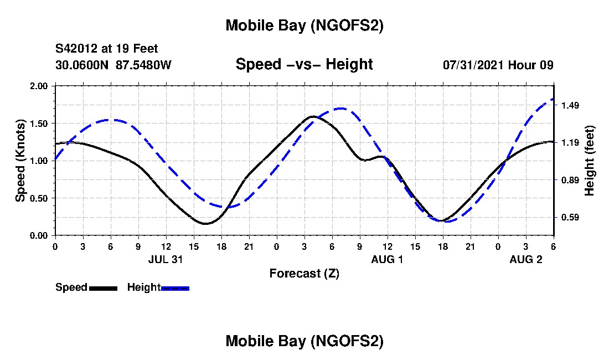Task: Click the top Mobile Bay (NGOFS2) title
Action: pos(304,25)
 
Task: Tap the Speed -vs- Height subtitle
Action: pos(304,64)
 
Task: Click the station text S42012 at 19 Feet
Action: pos(107,49)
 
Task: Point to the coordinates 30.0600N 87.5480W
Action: pos(113,65)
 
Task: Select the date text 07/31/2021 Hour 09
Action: pos(498,65)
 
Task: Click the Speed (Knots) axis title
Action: pos(20,161)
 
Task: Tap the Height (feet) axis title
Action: pos(589,161)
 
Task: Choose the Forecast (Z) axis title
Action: pos(304,273)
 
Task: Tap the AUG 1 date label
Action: pos(387,259)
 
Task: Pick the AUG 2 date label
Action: pos(526,259)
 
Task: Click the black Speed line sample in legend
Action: pos(103,288)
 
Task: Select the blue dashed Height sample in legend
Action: pos(175,288)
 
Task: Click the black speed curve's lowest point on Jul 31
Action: pos(205,224)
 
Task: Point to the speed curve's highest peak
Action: pos(313,116)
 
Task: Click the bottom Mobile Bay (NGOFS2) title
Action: pos(304,341)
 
